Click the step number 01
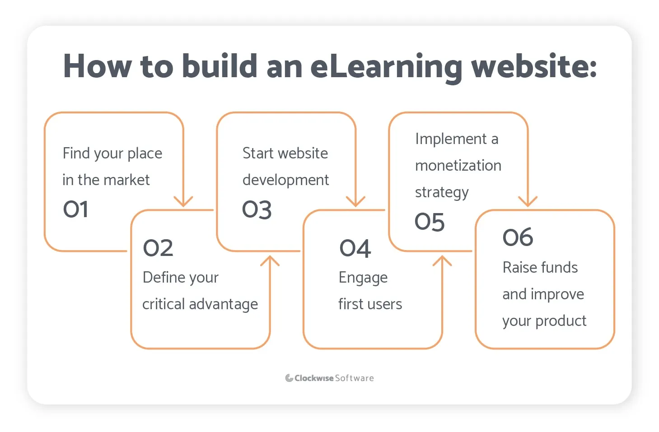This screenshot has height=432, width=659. pyautogui.click(x=75, y=209)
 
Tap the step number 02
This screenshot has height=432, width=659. pyautogui.click(x=158, y=248)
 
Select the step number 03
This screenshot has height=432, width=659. pyautogui.click(x=257, y=210)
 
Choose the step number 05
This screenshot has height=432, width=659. pyautogui.click(x=430, y=222)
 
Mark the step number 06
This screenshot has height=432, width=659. pyautogui.click(x=518, y=237)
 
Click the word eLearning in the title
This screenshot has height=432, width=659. pyautogui.click(x=386, y=67)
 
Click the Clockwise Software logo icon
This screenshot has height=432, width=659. pyautogui.click(x=289, y=378)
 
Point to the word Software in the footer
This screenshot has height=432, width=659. pyautogui.click(x=354, y=378)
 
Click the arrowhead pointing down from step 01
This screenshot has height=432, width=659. pyautogui.click(x=183, y=201)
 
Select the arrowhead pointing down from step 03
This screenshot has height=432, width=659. pyautogui.click(x=355, y=201)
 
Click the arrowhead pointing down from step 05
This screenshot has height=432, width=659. pyautogui.click(x=528, y=201)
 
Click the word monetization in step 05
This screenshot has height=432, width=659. pyautogui.click(x=458, y=166)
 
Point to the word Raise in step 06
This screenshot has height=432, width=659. pyautogui.click(x=519, y=268)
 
